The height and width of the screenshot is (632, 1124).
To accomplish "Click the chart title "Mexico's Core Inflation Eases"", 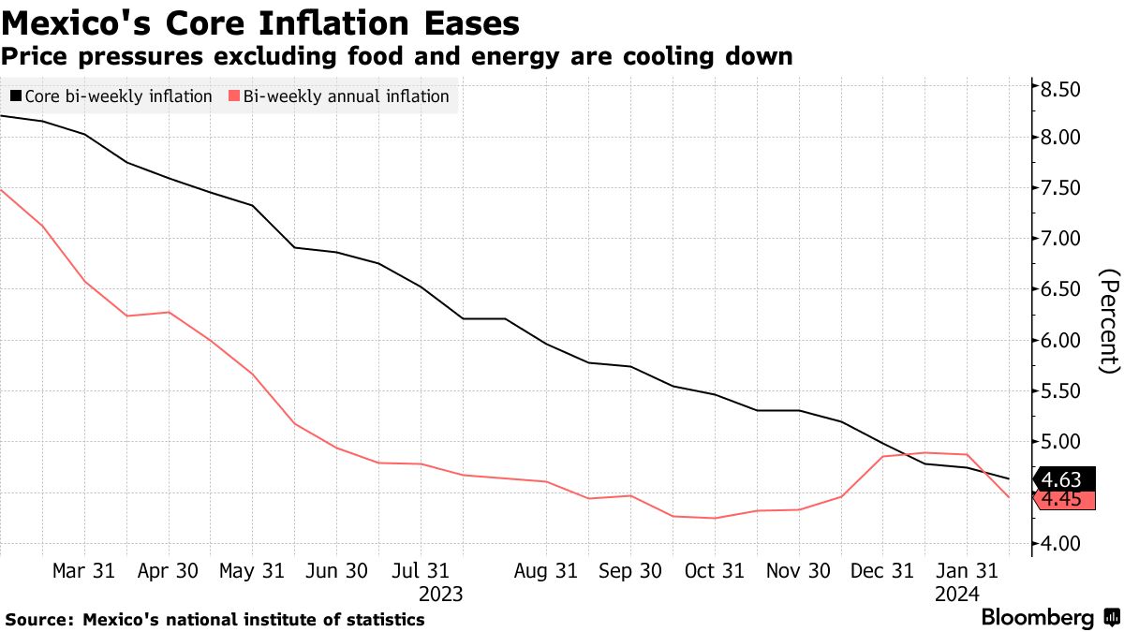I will point(261,22).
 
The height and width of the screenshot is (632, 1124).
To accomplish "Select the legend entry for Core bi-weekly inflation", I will point(111,96).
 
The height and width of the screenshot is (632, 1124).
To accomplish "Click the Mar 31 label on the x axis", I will point(83,570).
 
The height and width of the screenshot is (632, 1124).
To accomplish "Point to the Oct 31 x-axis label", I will point(714,570).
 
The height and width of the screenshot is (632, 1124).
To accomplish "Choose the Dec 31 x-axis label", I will point(881,570).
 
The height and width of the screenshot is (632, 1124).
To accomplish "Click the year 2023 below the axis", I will point(440,594).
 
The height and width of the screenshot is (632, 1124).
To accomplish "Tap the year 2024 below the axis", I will point(955,594).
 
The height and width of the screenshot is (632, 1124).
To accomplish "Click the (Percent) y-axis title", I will point(1109,321).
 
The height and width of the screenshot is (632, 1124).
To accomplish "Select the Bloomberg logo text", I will point(1037,618).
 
